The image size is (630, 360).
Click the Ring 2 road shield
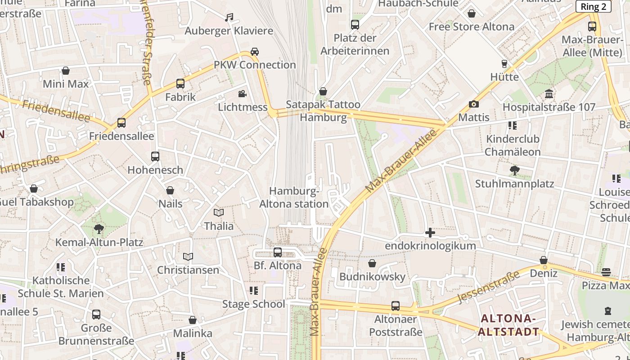(593, 6)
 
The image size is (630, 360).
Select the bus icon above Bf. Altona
(278, 252)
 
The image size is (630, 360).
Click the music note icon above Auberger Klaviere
(229, 18)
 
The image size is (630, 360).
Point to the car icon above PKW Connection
(255, 52)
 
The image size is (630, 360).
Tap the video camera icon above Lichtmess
(243, 94)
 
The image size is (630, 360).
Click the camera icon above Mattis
(473, 104)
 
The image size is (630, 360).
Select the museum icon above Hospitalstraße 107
(549, 94)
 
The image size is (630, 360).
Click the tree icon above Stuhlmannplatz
(514, 171)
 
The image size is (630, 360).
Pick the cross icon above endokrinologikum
(430, 233)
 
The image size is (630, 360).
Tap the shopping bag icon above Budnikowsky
(372, 263)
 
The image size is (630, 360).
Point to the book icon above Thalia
(219, 212)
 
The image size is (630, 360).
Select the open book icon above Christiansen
(188, 257)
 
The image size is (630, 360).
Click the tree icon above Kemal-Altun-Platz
(99, 229)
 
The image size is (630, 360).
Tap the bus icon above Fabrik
(180, 84)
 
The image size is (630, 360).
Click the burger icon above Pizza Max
(606, 272)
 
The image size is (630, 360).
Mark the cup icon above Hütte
(504, 64)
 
